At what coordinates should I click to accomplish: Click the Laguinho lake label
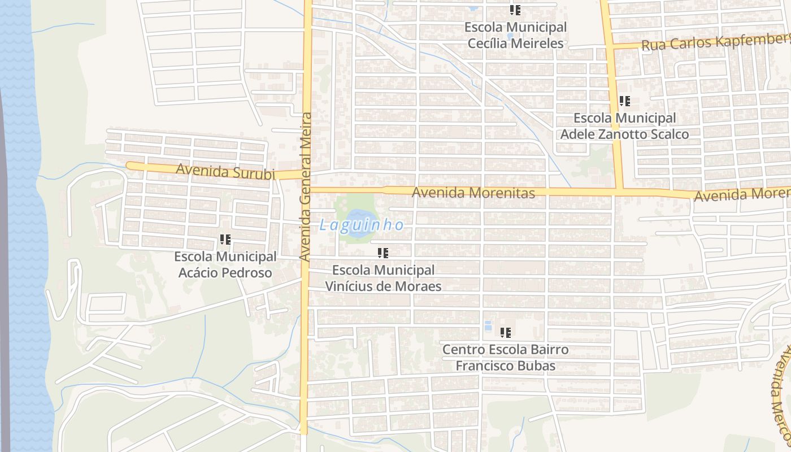pyautogui.click(x=362, y=225)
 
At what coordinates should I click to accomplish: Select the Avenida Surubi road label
pyautogui.click(x=225, y=171)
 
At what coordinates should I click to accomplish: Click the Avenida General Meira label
pyautogui.click(x=306, y=186)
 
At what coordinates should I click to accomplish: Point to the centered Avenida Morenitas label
pyautogui.click(x=473, y=193)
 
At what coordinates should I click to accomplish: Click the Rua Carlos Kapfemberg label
pyautogui.click(x=715, y=42)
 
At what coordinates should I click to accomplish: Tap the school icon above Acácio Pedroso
pyautogui.click(x=225, y=240)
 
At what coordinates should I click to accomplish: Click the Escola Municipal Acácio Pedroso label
pyautogui.click(x=225, y=264)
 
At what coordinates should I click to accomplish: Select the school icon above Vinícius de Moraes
pyautogui.click(x=383, y=253)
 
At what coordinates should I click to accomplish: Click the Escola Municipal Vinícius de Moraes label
pyautogui.click(x=383, y=278)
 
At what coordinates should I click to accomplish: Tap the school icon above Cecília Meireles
pyautogui.click(x=515, y=10)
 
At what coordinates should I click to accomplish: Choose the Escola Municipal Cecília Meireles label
pyautogui.click(x=515, y=35)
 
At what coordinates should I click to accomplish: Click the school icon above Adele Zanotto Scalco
pyautogui.click(x=624, y=101)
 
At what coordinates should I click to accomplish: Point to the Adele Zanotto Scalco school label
pyautogui.click(x=624, y=126)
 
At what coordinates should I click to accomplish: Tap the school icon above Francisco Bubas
pyautogui.click(x=505, y=332)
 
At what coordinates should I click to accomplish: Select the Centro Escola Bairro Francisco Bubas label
pyautogui.click(x=505, y=358)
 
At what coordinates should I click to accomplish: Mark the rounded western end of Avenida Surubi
pyautogui.click(x=130, y=166)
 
